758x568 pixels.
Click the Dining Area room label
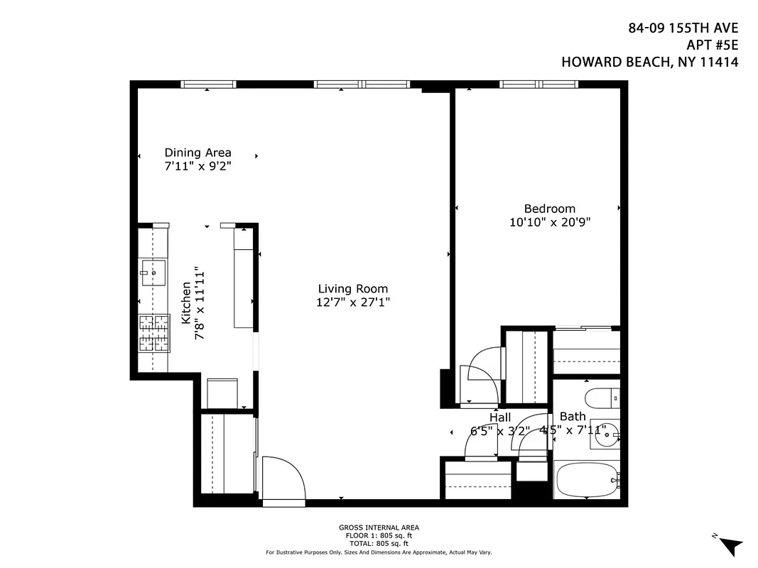[197, 153]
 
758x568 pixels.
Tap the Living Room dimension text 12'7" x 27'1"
[353, 302]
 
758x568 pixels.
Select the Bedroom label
[549, 209]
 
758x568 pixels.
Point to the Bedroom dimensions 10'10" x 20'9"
[550, 222]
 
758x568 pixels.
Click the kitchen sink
[153, 271]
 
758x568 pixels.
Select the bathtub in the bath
[586, 481]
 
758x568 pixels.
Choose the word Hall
[500, 417]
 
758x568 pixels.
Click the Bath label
[573, 417]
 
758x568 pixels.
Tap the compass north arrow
[729, 545]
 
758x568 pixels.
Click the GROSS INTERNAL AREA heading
[379, 528]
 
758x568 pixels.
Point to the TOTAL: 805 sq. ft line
[379, 543]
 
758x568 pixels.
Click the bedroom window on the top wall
[538, 84]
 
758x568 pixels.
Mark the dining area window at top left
[208, 84]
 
